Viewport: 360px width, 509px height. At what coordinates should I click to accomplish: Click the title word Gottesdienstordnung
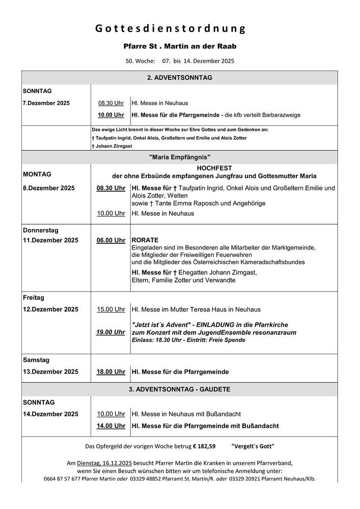coord(171,29)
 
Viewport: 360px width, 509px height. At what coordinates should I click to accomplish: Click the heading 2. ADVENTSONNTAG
coord(179,78)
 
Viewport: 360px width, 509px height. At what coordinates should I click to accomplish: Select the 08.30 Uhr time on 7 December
coord(111,103)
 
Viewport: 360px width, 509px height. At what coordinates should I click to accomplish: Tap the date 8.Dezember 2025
coord(49,188)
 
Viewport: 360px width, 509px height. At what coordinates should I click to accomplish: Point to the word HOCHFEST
coord(214,167)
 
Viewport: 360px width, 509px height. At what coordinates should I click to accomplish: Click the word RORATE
coord(145,240)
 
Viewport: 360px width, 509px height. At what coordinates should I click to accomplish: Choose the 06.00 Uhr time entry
coord(111,240)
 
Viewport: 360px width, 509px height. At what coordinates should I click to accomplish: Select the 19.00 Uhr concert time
coord(111,332)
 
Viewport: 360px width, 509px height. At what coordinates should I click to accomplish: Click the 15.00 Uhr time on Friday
coord(111,309)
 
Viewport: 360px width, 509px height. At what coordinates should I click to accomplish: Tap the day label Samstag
coord(36,360)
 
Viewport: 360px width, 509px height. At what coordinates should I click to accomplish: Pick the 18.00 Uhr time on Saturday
coord(111,372)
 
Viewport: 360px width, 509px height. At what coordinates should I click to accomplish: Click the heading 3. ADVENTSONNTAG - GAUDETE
coord(179,389)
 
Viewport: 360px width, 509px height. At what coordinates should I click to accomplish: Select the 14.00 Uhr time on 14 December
coord(111,426)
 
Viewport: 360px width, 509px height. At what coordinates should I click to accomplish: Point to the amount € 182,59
coord(204,446)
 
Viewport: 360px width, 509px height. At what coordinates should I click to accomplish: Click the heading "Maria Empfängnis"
coord(179,157)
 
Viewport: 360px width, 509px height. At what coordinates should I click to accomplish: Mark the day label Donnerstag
coord(41,230)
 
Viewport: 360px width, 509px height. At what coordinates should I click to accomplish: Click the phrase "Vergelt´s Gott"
coord(253,446)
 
